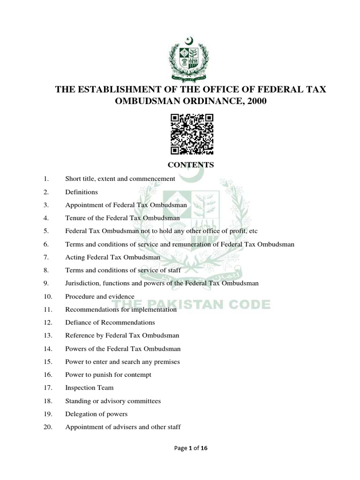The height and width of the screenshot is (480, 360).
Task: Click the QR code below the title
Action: [x=192, y=134]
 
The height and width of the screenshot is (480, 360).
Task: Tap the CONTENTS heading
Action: [x=191, y=165]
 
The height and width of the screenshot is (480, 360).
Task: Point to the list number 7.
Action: [x=46, y=257]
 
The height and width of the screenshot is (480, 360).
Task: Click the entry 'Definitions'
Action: [x=82, y=192]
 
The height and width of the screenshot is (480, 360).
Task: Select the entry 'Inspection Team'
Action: [x=89, y=388]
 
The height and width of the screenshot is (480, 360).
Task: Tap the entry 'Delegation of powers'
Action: [x=96, y=414]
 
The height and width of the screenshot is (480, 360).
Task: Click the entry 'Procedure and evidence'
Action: [x=100, y=296]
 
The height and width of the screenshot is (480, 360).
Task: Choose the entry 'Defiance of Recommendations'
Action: [x=110, y=322]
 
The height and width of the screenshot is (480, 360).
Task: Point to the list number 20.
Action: [x=47, y=427]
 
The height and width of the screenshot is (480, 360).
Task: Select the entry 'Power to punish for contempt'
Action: [x=108, y=375]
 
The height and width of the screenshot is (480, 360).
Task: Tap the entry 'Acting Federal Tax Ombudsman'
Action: [x=113, y=257]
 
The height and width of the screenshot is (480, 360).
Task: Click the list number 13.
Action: [x=47, y=336]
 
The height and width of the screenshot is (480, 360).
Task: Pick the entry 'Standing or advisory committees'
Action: [x=113, y=401]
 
